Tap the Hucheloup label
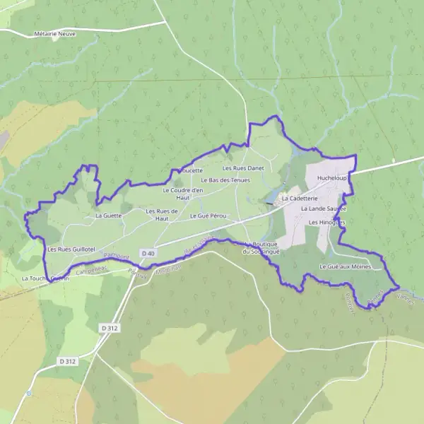(x=332, y=178)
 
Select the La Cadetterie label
(x=300, y=199)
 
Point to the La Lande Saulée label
(x=323, y=209)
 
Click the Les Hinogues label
(x=326, y=222)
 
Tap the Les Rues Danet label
(x=242, y=168)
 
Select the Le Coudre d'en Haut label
(x=183, y=194)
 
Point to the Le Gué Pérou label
(x=207, y=215)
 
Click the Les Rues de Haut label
(x=162, y=214)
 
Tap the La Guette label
(x=109, y=215)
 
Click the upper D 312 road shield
(x=108, y=328)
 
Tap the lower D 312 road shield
(x=67, y=361)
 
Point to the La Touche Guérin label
(x=45, y=278)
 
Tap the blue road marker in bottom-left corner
(x=29, y=393)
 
